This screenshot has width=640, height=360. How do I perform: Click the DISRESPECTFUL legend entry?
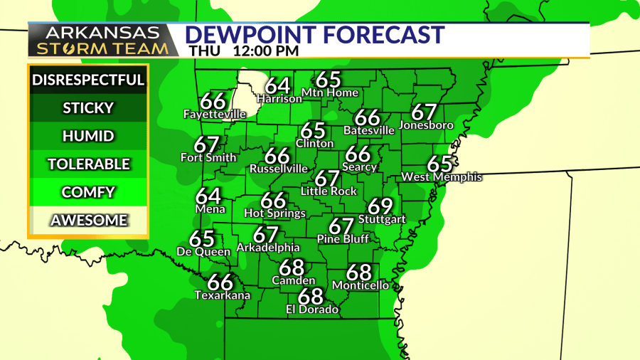[x=88, y=80]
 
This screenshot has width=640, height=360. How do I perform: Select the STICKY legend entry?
[x=88, y=108]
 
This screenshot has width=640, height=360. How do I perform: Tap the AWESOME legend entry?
[x=88, y=221]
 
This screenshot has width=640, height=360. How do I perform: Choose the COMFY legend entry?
[x=88, y=192]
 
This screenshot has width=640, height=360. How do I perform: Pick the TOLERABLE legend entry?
[x=88, y=164]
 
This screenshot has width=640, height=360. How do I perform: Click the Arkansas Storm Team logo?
[x=103, y=41]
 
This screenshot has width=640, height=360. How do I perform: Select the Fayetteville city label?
[x=215, y=114]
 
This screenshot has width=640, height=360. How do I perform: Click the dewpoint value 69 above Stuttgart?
[x=381, y=207]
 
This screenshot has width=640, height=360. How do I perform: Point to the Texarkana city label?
[x=222, y=295]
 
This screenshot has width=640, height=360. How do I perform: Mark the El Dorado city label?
[x=312, y=309]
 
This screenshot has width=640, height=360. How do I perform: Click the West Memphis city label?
[x=442, y=176]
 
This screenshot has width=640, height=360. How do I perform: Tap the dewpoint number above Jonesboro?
[x=424, y=112]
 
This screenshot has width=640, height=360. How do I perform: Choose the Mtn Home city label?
[x=330, y=92]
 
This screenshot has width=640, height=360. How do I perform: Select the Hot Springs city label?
[x=274, y=213]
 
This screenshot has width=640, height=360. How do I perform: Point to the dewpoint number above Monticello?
[x=359, y=272]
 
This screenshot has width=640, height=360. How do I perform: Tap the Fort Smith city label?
[x=208, y=157]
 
